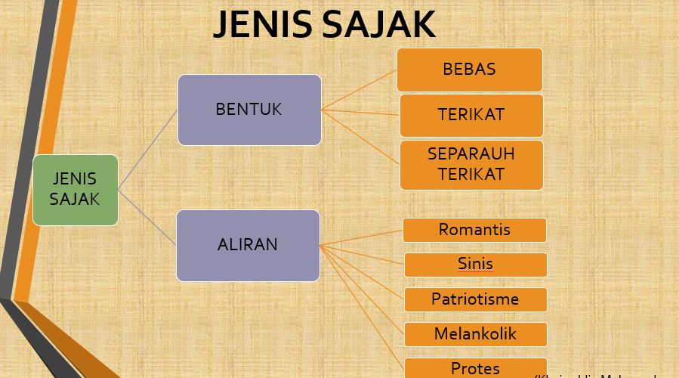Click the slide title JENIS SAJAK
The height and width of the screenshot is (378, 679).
click(324, 24)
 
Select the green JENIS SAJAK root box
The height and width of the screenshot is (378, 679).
click(76, 190)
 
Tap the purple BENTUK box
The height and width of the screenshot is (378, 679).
click(249, 110)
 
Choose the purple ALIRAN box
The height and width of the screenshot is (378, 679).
click(248, 245)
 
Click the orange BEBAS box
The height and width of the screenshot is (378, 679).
click(470, 70)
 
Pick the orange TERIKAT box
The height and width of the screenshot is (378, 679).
click(471, 115)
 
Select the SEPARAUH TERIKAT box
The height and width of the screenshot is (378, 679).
click(471, 164)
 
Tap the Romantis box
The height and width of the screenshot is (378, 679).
click(474, 230)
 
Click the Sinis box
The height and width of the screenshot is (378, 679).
click(475, 265)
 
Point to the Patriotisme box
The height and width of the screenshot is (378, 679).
click(475, 299)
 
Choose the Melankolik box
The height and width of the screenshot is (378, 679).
click(475, 334)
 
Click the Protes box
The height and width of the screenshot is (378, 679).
click(475, 368)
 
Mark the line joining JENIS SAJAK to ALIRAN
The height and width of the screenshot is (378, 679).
click(147, 217)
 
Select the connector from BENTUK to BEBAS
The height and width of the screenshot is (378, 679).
click(359, 90)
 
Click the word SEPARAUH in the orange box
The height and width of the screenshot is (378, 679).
click(471, 153)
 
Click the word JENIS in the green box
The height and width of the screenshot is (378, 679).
click(75, 179)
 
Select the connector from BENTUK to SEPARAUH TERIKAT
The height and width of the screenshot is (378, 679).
click(360, 137)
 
